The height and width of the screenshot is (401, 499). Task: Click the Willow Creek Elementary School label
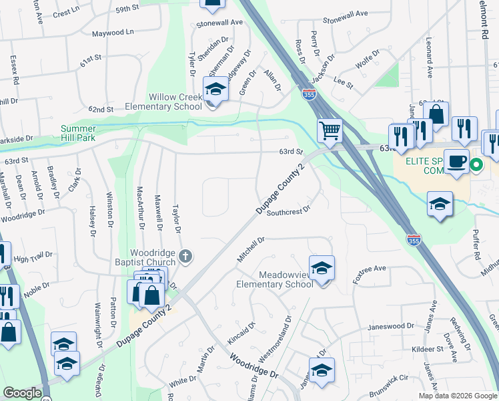(166, 102)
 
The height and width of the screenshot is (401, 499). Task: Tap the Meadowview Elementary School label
(274, 279)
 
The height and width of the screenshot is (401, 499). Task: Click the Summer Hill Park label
(87, 133)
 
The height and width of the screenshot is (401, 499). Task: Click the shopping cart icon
(330, 130)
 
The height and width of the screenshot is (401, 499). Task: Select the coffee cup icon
(456, 162)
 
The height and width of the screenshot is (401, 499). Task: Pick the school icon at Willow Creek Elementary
(215, 89)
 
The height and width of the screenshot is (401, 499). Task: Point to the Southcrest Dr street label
(289, 211)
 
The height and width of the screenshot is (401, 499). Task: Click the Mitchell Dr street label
(251, 249)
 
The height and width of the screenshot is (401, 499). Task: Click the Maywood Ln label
(113, 32)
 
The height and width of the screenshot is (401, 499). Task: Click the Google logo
(23, 393)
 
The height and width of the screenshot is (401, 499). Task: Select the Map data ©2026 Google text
(457, 396)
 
